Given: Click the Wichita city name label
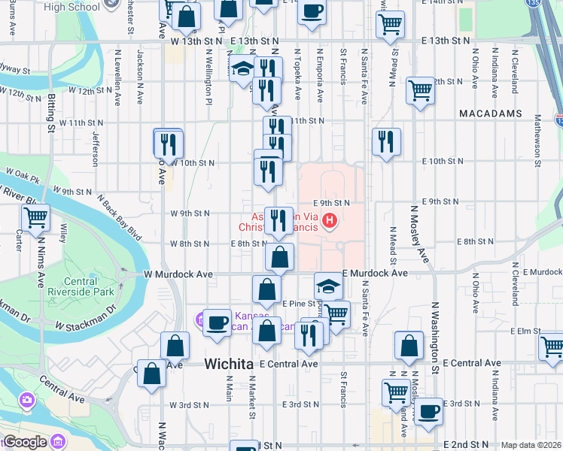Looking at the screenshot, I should pos(228,364).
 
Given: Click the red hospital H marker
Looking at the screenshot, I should pos(329,220).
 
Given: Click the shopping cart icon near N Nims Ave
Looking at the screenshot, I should pos(35,219).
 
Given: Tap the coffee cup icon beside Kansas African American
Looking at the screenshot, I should pos(217,322).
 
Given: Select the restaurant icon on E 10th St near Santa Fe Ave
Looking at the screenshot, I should pos(386,141).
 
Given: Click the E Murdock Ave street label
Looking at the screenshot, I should pos(376,273).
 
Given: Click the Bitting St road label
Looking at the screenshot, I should pos(51,113).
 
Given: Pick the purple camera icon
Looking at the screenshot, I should pos(28,398).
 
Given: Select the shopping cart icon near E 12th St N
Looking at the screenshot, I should pos(420,90).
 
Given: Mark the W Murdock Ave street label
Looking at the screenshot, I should pos(182,274).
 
